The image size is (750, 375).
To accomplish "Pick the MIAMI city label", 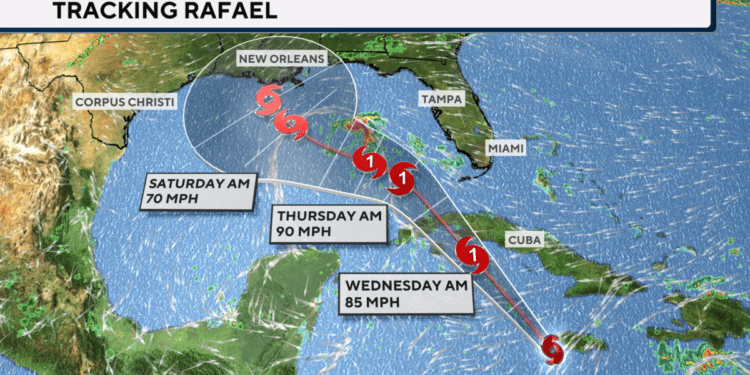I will [x=506, y=147].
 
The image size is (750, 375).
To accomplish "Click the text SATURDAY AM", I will [x=199, y=184].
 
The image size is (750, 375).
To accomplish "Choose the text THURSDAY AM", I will [x=329, y=216].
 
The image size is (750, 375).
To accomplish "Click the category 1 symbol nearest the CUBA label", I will [x=472, y=254].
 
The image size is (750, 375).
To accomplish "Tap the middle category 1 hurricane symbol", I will [x=402, y=178].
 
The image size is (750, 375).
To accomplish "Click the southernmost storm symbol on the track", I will [x=553, y=349].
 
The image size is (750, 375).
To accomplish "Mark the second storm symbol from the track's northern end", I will [x=292, y=126].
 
